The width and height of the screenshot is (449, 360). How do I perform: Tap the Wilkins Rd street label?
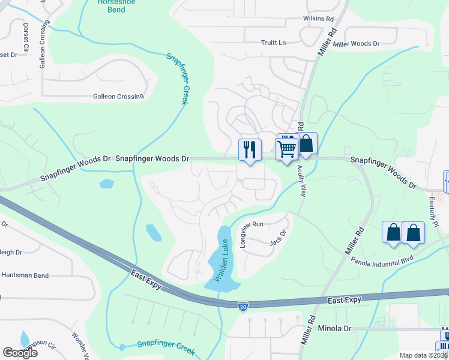pos(318,19)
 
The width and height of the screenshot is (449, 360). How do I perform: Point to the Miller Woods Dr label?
pos(357,44)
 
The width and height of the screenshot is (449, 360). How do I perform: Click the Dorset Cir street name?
pos(26,37)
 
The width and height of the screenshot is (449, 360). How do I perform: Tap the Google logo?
pos(20,353)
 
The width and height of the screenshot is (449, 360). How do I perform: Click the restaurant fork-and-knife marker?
pos(249,149)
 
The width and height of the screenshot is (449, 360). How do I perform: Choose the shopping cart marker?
pos(287,148)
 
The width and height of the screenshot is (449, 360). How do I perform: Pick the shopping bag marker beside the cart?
pos(306,144)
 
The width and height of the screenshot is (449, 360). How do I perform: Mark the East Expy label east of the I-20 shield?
pos(345,299)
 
